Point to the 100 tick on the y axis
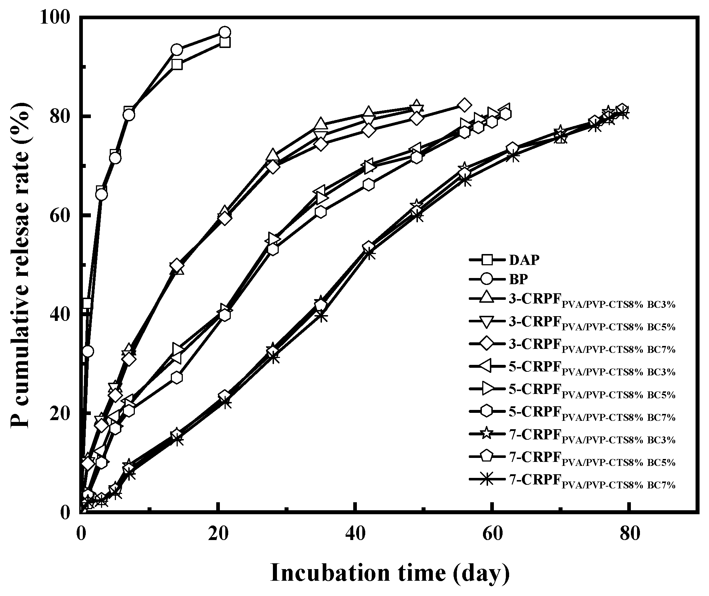[x=60, y=17]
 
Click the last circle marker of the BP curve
[x=225, y=32]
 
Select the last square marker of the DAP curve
[x=225, y=43]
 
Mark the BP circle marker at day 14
[x=177, y=50]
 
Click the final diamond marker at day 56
[x=464, y=105]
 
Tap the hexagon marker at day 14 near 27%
[x=177, y=378]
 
